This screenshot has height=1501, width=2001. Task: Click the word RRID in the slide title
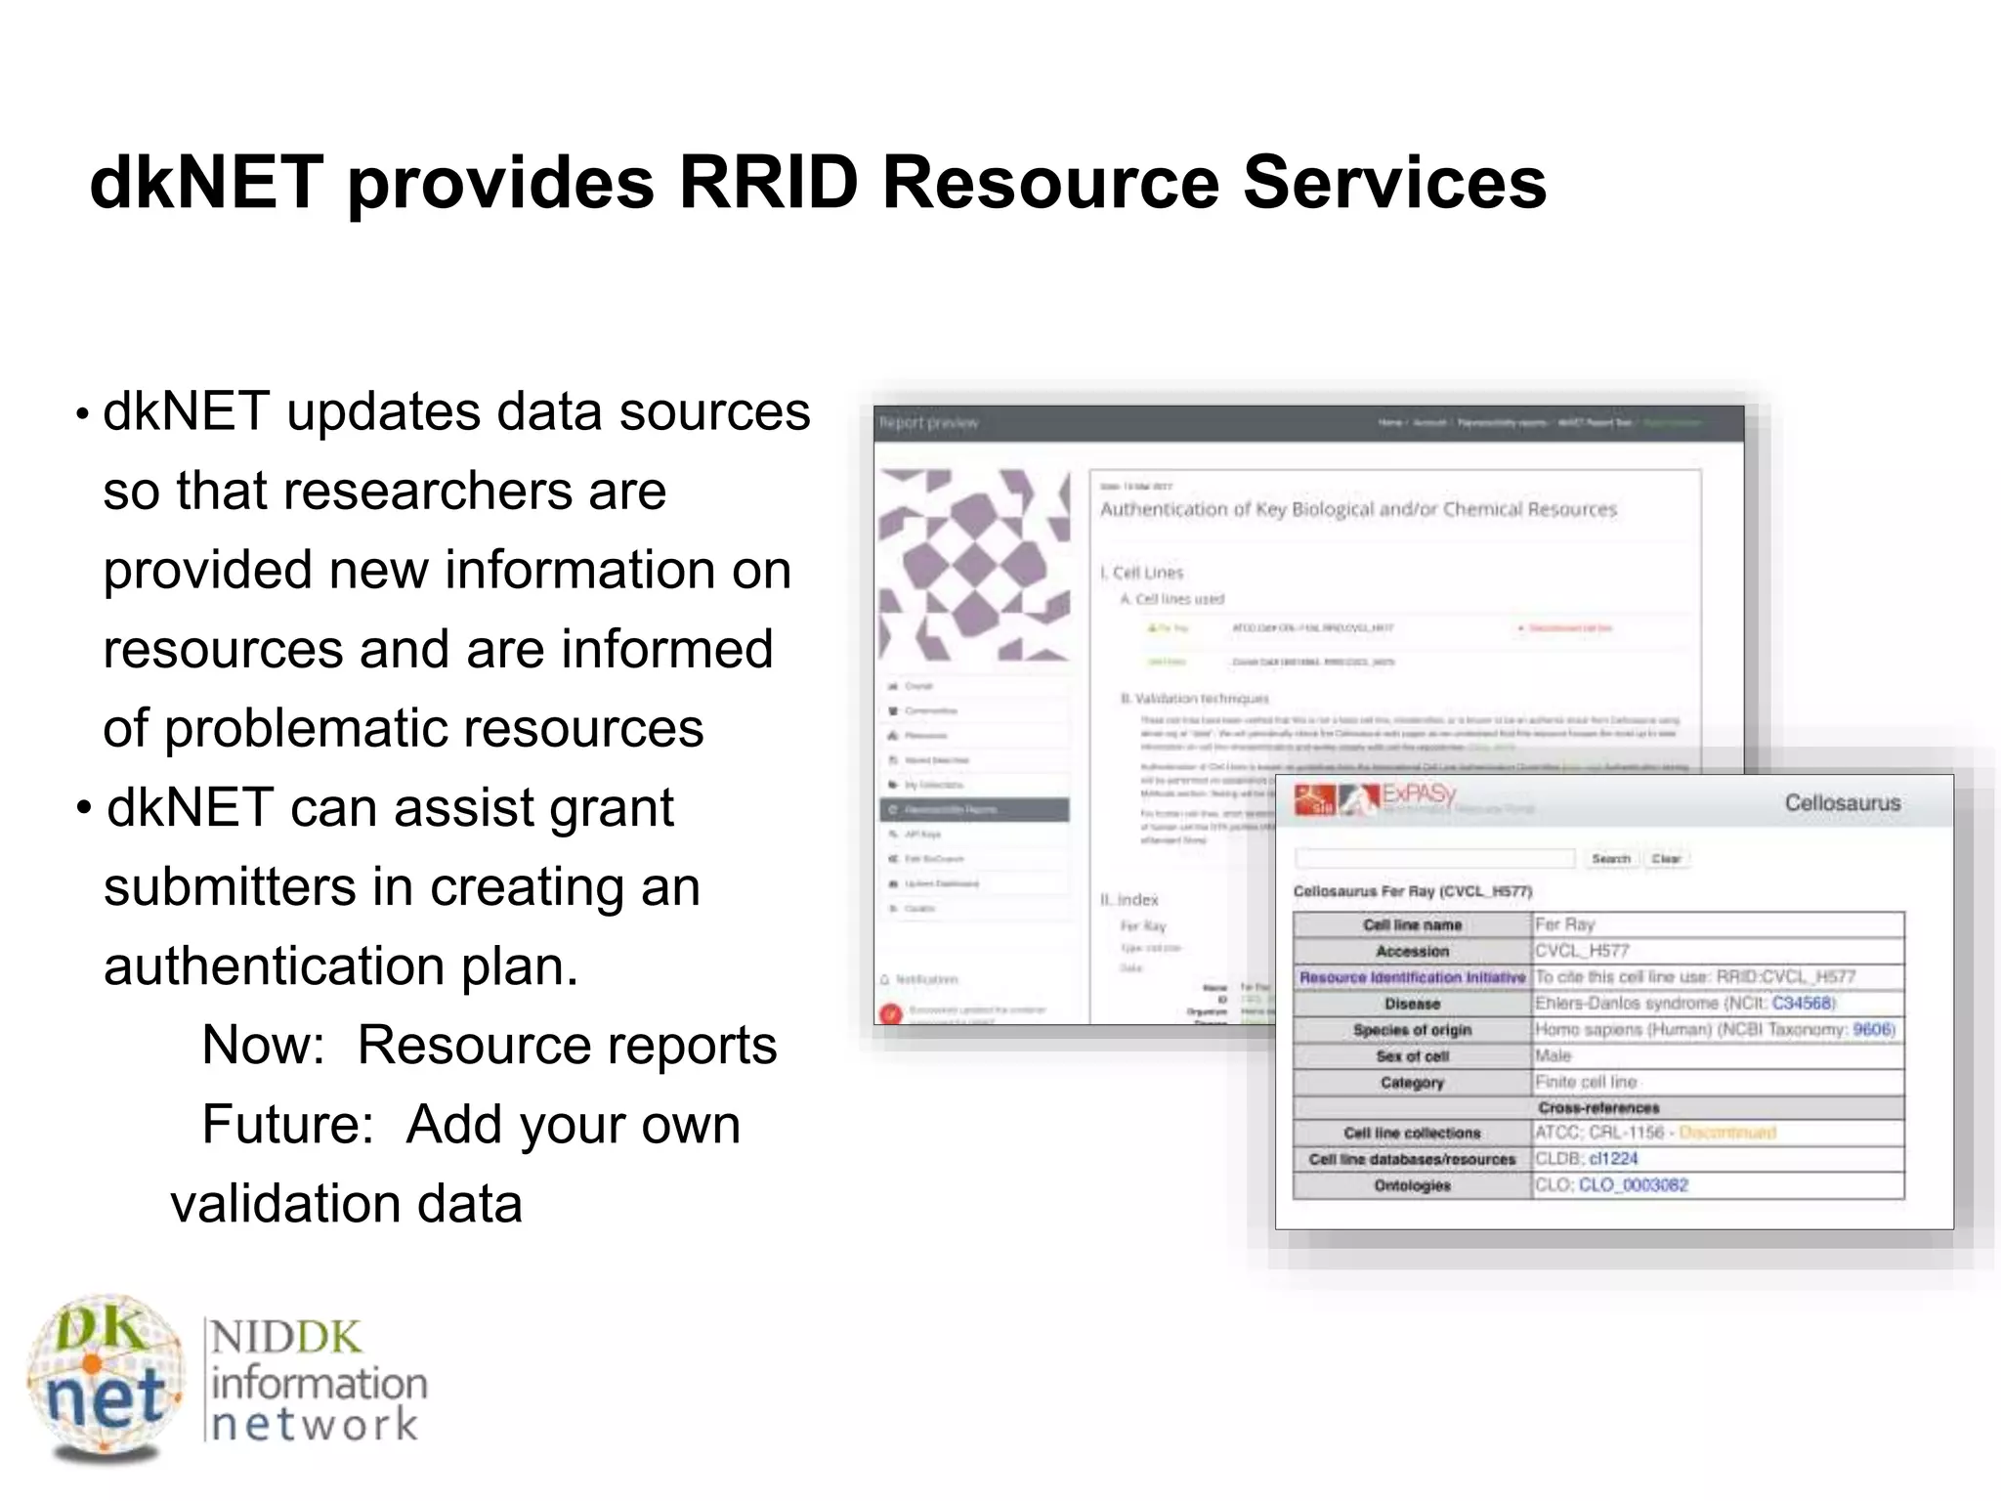pyautogui.click(x=767, y=183)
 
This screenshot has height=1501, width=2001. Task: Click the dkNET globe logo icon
pyautogui.click(x=106, y=1379)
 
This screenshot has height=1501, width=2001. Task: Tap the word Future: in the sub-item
pyautogui.click(x=287, y=1125)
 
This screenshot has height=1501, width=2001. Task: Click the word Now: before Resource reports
pyautogui.click(x=263, y=1046)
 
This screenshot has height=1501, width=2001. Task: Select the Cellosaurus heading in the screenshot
pyautogui.click(x=1842, y=803)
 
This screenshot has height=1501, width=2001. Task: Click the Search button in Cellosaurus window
pyautogui.click(x=1610, y=859)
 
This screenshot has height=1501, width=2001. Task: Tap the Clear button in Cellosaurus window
pyautogui.click(x=1666, y=859)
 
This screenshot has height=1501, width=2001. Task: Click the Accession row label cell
pyautogui.click(x=1412, y=951)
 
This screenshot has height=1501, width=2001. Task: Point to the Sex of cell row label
pyautogui.click(x=1412, y=1056)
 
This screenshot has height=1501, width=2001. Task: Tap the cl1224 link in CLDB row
pyautogui.click(x=1613, y=1159)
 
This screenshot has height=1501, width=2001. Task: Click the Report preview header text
pyautogui.click(x=928, y=423)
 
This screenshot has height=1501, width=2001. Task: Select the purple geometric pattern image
pyautogui.click(x=973, y=565)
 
